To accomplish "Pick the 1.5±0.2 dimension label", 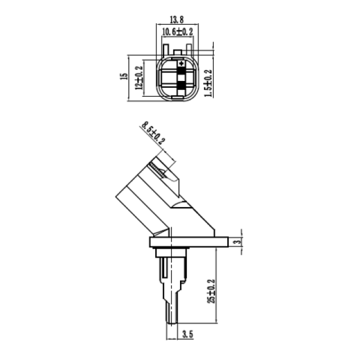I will click(208, 83).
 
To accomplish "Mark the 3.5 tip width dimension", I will click(187, 334).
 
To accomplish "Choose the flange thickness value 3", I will click(238, 241).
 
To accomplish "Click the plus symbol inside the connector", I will click(181, 64).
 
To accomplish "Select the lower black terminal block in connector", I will click(181, 87).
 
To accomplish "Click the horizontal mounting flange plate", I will click(191, 242).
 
